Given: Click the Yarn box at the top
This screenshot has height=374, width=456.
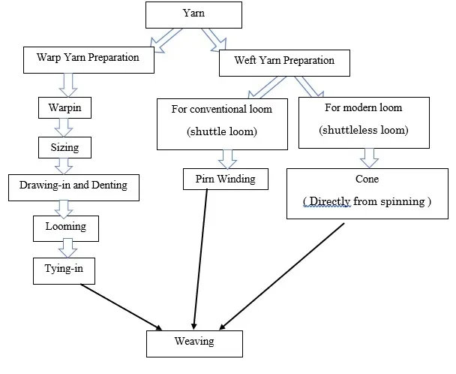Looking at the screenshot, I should pos(193,15).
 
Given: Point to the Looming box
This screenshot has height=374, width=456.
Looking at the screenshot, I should pos(65,225).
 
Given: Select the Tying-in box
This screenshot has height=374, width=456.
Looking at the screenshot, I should pos(64,269).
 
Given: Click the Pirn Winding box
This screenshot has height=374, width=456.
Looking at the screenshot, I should pos(225,179).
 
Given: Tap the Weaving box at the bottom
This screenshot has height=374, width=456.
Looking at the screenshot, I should pos(194,342).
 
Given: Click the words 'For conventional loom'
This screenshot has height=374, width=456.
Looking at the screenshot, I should pos(221,109).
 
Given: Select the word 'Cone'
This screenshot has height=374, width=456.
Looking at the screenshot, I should pos(367,180).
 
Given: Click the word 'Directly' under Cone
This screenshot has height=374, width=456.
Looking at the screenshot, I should pos(337,202).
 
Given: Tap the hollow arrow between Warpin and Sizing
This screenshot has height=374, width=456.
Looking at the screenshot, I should pos(65,126).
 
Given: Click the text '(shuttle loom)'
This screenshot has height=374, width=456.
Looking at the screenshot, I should pos(221,133).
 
